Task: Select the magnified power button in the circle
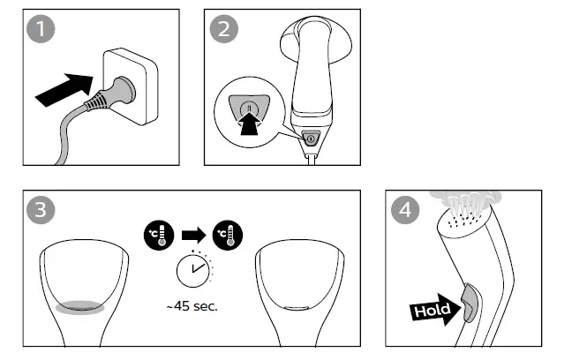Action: (249, 111)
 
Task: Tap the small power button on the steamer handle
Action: (310, 139)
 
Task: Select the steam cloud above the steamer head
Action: (466, 196)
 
